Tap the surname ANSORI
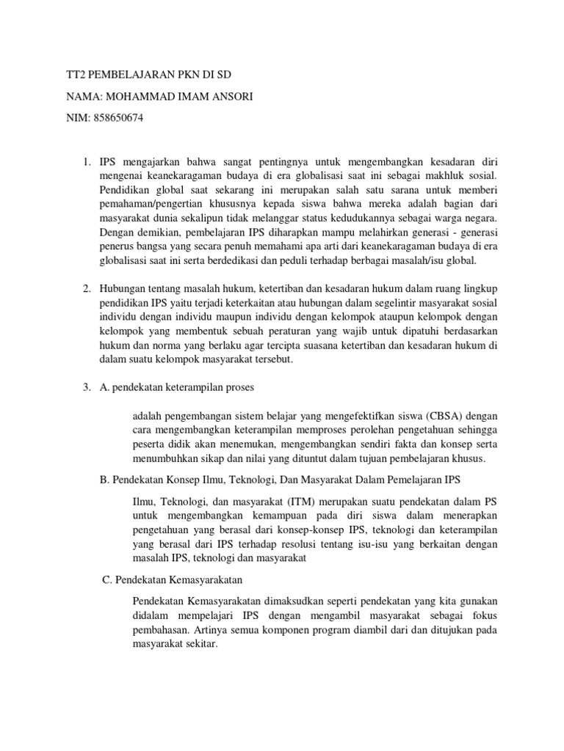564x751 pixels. tap(231, 97)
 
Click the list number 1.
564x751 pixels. tap(85, 160)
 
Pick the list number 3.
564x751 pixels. tap(85, 387)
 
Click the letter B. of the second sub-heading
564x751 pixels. tap(104, 479)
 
